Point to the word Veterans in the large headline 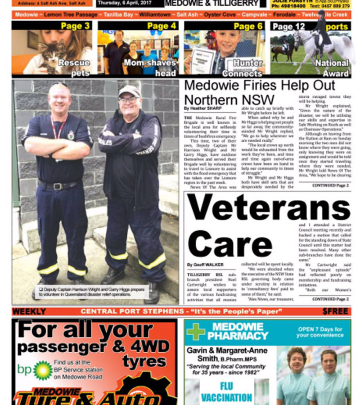(x=269, y=208)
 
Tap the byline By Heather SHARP (x=202, y=108)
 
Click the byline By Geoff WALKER (x=205, y=265)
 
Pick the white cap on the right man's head (x=129, y=90)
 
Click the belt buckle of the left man (x=58, y=186)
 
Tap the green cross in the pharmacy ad (x=196, y=332)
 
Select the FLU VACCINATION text (x=226, y=391)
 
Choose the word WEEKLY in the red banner (x=29, y=311)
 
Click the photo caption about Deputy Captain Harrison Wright (x=92, y=292)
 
